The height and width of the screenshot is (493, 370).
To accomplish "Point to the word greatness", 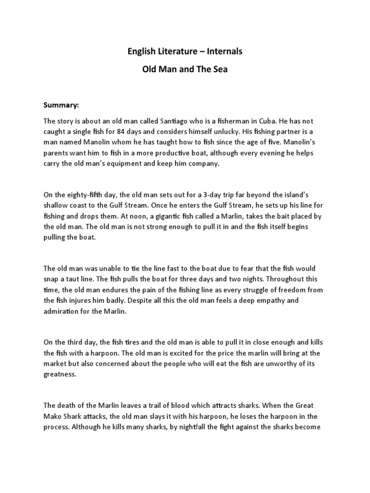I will point(59,375).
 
